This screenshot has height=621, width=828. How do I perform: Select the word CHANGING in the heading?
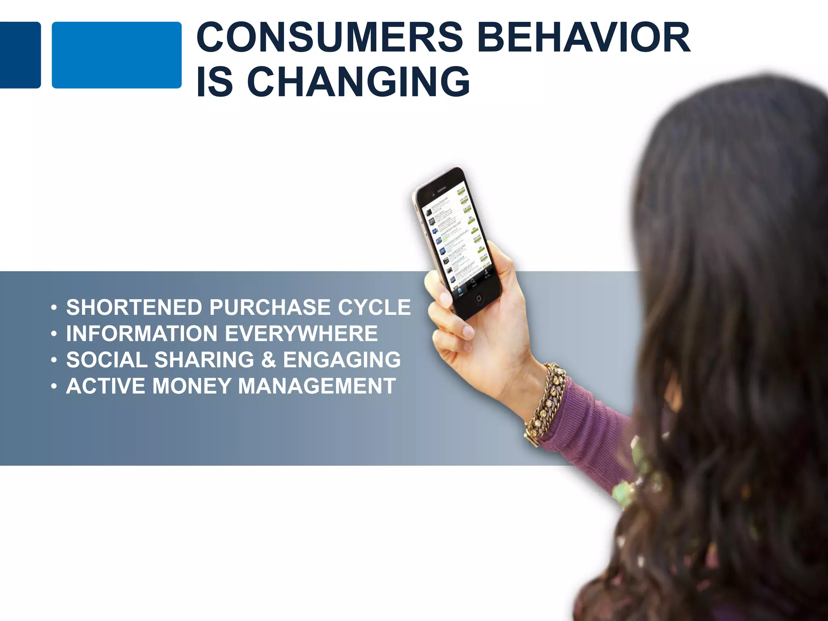point(358,82)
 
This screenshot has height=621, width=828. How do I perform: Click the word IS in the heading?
point(215,82)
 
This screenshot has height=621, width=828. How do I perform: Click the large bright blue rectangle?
point(116,55)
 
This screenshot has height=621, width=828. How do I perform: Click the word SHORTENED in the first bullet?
point(134,307)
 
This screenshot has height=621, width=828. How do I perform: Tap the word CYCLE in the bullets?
point(374,307)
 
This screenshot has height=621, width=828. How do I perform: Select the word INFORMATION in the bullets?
point(142,334)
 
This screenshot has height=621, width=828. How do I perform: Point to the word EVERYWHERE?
point(301,334)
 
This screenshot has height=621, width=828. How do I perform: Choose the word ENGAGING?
point(342,360)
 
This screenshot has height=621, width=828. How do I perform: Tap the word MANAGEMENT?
point(317,386)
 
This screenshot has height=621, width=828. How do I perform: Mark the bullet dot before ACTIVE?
point(54,387)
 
